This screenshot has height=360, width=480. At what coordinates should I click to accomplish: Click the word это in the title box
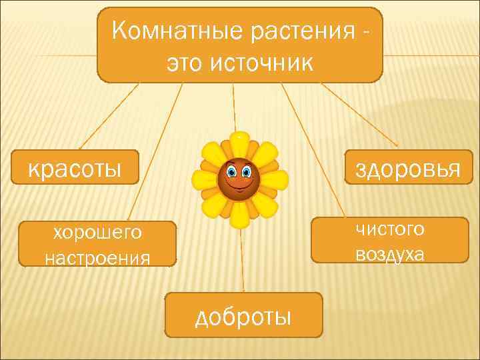[x=184, y=63]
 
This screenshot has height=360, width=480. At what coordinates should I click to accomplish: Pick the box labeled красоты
[x=75, y=167]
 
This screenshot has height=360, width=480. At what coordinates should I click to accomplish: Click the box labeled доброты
[x=244, y=315]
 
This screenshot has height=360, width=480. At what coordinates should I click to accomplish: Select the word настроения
[x=97, y=256]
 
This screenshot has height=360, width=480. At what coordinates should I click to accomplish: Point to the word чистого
[x=390, y=229]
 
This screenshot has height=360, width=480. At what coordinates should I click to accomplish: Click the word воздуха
[x=390, y=253]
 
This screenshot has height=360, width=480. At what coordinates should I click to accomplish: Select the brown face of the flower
[x=239, y=178]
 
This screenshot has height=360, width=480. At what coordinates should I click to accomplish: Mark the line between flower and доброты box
[x=242, y=260]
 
